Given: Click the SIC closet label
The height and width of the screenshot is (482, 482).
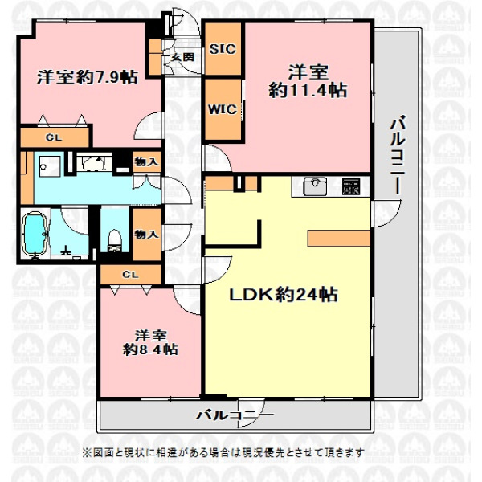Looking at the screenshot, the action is pyautogui.click(x=223, y=49).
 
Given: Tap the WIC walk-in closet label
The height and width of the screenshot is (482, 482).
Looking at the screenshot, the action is pyautogui.click(x=223, y=109).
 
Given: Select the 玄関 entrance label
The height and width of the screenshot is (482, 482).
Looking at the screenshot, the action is pyautogui.click(x=182, y=57).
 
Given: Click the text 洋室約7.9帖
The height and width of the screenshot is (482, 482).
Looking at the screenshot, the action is pyautogui.click(x=88, y=77).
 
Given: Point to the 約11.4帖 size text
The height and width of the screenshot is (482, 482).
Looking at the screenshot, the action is pyautogui.click(x=308, y=90).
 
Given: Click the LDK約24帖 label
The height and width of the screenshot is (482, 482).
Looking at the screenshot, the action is pyautogui.click(x=284, y=295).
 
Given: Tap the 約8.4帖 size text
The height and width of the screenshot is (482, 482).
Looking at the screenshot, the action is pyautogui.click(x=150, y=349).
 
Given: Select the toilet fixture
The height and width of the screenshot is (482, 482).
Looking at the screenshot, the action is pyautogui.click(x=115, y=240).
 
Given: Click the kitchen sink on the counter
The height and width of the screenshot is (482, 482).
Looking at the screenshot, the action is pyautogui.click(x=315, y=186).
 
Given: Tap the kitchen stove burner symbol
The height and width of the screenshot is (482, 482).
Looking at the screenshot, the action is pyautogui.click(x=351, y=186).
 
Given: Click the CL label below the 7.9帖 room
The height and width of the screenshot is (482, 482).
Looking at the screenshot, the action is pyautogui.click(x=54, y=137).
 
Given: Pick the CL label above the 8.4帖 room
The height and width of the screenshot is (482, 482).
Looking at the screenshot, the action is pyautogui.click(x=130, y=274).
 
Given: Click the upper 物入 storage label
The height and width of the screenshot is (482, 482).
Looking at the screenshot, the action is pyautogui.click(x=146, y=161).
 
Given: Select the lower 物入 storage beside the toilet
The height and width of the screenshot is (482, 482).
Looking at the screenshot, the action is pyautogui.click(x=146, y=235).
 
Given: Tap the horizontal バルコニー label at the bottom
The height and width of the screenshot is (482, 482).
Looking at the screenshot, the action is pyautogui.click(x=235, y=415).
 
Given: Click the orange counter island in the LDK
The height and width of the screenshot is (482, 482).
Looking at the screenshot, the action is pyautogui.click(x=339, y=239).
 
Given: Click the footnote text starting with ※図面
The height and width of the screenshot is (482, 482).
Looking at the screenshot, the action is pyautogui.click(x=223, y=452).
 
